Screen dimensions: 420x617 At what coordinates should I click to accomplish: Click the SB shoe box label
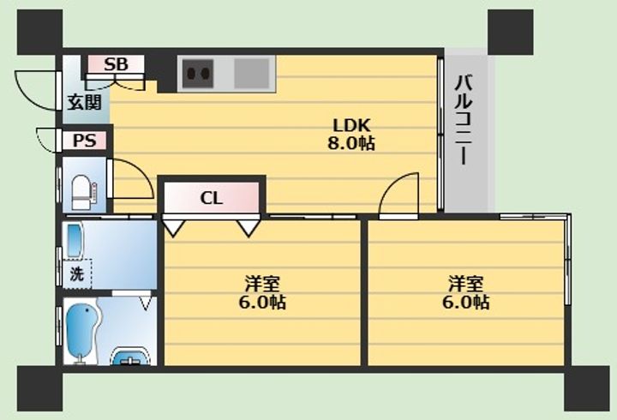[117, 64]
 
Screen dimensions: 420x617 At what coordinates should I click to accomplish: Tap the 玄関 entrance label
[85, 103]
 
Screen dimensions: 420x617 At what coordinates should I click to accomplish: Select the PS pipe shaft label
[84, 141]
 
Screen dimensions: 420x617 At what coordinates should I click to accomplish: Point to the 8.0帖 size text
[350, 143]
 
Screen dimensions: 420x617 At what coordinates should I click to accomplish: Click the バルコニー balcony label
[464, 121]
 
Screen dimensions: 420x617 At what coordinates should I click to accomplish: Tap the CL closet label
[212, 199]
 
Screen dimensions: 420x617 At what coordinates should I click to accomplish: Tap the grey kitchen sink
[252, 73]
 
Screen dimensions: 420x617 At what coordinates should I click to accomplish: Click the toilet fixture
[83, 191]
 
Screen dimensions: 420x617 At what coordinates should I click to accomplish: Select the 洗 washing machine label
[76, 275]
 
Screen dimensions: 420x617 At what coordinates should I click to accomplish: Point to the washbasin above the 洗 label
[75, 241]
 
